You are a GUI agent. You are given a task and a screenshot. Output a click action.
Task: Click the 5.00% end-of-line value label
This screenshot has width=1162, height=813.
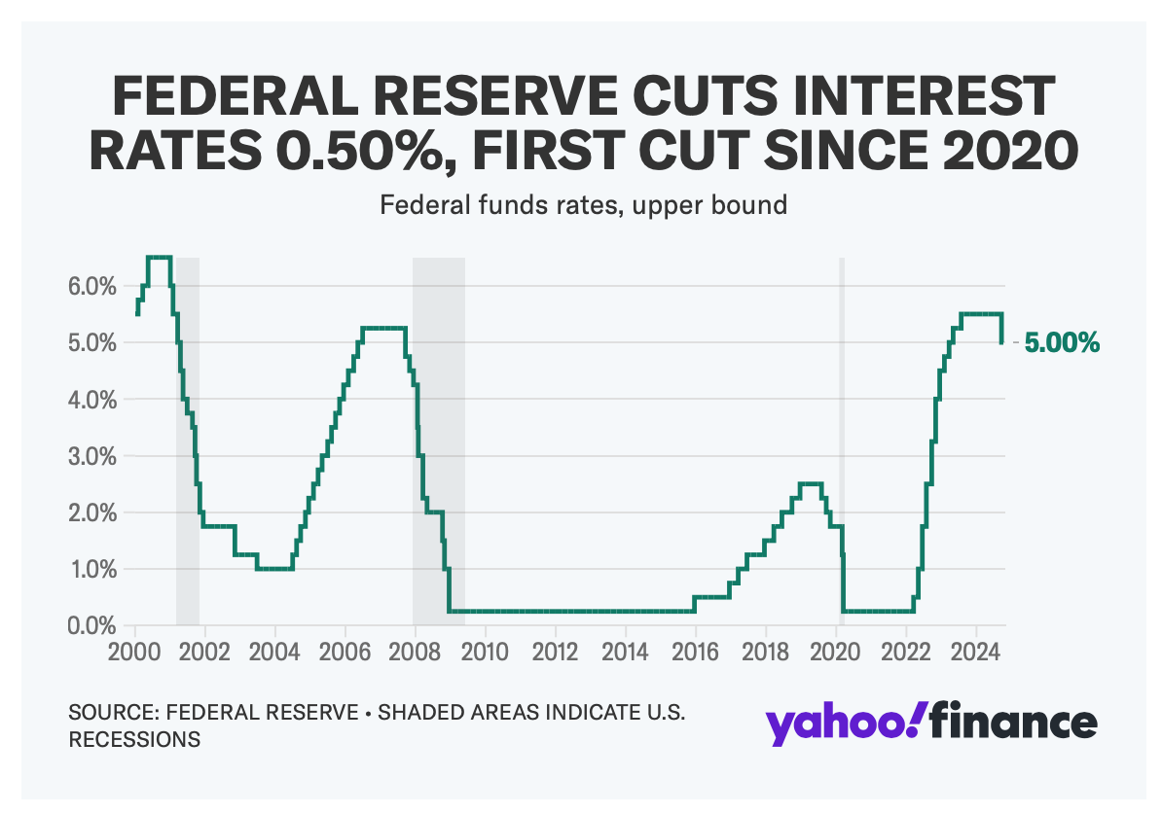(1062, 342)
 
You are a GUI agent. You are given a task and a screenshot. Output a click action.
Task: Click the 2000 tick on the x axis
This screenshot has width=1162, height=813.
(135, 650)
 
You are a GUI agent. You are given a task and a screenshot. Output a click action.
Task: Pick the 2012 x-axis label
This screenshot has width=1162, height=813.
(556, 650)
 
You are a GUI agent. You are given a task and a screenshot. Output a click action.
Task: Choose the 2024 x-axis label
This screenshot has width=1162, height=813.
(976, 650)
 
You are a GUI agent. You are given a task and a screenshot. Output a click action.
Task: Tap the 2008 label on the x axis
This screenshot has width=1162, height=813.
(416, 650)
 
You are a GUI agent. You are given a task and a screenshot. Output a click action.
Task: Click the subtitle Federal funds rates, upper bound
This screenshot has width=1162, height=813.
(583, 206)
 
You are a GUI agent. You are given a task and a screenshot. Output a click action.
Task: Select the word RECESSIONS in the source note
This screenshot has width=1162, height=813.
(134, 739)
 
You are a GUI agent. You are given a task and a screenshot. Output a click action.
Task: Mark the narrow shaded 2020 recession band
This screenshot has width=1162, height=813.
(842, 438)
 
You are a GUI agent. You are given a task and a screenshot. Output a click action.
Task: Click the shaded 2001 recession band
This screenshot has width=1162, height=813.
(188, 438)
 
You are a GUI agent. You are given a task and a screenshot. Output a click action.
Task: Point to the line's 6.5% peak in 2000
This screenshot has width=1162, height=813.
(159, 258)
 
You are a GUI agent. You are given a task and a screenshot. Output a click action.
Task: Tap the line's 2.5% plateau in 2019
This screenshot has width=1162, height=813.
(811, 483)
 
